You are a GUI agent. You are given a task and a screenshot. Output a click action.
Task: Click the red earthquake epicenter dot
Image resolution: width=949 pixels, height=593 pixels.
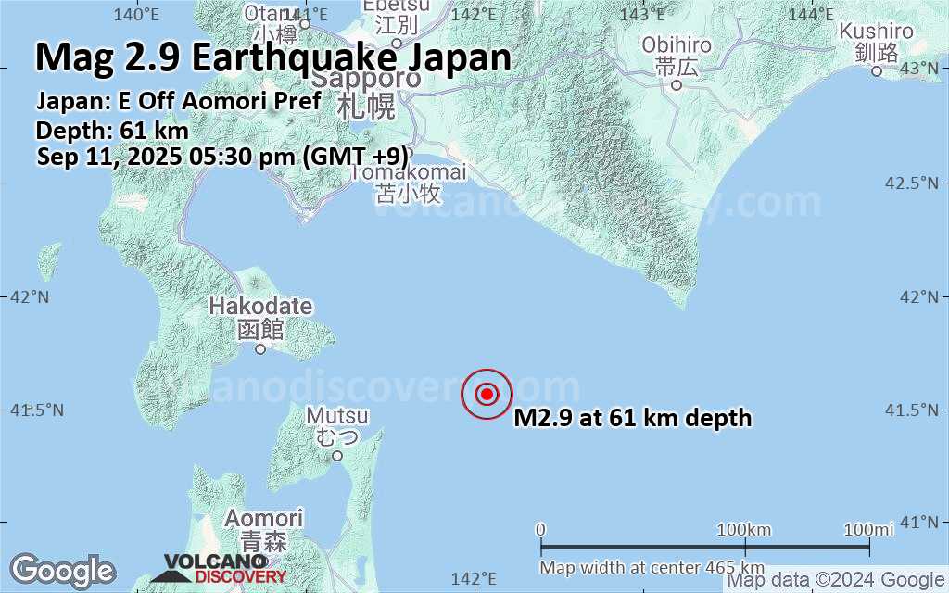487,394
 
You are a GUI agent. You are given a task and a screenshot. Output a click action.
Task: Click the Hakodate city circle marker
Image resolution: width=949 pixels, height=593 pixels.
260,349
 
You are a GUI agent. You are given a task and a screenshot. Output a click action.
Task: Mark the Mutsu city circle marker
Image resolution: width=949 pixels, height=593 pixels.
337,455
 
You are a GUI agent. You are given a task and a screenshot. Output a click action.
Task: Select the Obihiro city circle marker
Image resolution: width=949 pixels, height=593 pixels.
677,85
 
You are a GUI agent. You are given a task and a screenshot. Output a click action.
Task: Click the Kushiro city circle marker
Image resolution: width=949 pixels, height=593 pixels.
877,70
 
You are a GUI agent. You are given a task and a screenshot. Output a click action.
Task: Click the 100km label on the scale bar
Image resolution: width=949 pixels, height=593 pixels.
744,529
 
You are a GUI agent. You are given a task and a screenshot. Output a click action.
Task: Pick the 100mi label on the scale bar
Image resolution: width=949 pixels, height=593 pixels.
868,529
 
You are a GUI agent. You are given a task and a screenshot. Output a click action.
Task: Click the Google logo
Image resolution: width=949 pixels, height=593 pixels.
62,570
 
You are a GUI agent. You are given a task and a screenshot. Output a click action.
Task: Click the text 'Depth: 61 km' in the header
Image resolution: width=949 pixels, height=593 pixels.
112,130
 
